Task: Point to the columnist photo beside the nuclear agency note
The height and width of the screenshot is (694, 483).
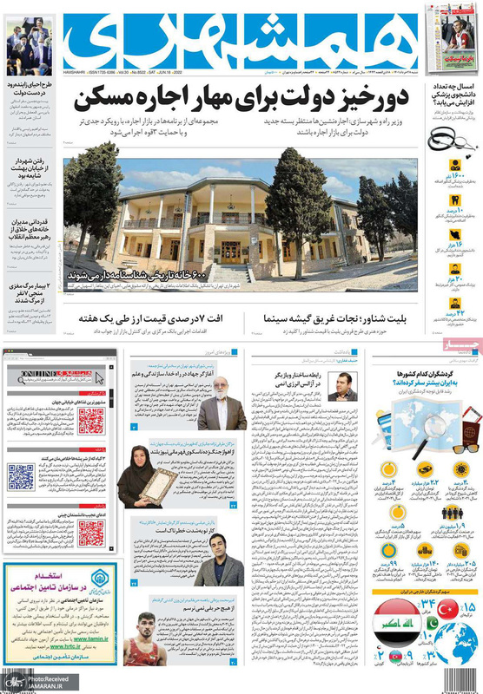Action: coord(344,383)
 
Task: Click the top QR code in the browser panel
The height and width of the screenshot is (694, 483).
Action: coord(91,422)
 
